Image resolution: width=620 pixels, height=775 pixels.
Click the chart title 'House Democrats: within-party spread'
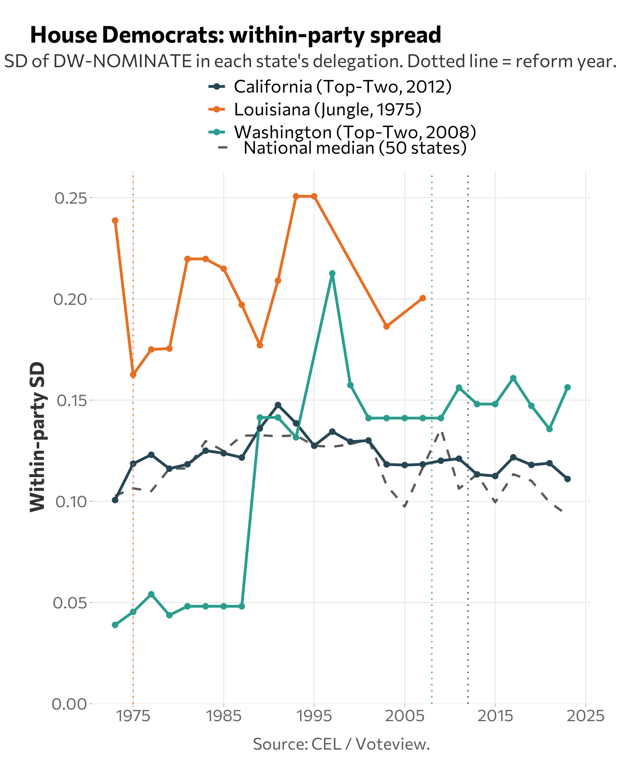click(236, 35)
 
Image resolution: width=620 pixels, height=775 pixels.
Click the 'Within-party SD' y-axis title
click(37, 437)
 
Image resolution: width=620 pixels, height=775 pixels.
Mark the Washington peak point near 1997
click(332, 273)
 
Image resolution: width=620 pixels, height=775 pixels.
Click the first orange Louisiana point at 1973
click(115, 220)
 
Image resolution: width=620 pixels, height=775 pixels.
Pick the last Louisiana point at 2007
click(423, 298)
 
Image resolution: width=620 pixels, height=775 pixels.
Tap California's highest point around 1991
click(278, 405)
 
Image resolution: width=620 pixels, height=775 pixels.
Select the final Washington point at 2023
click(567, 387)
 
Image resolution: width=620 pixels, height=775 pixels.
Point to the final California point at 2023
click(567, 479)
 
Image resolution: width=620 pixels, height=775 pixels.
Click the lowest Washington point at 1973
click(115, 625)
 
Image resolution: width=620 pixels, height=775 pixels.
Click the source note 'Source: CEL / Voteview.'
click(341, 744)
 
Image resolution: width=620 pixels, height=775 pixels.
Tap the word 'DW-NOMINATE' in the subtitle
click(122, 62)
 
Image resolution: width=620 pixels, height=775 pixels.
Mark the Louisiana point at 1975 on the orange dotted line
click(133, 375)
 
